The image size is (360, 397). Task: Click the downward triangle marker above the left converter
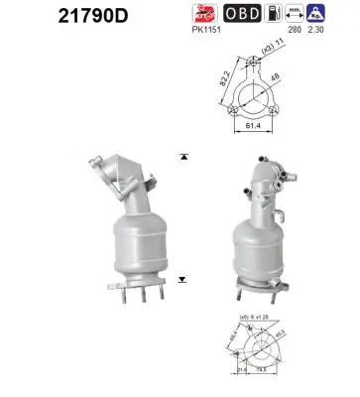tap(182, 157)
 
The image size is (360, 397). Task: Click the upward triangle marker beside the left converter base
tap(182, 281)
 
